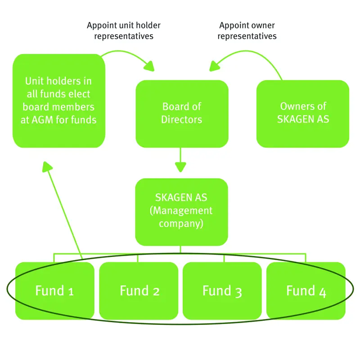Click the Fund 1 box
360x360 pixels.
tap(54, 290)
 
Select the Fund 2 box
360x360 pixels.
tap(139, 290)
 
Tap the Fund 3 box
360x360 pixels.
tap(222, 290)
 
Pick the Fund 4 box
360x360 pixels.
tap(306, 290)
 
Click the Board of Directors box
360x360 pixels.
tap(182, 113)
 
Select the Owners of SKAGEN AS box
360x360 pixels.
tap(303, 113)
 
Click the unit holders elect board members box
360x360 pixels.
tap(59, 101)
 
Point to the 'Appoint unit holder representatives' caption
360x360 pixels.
tap(123, 30)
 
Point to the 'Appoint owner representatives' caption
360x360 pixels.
tap(247, 30)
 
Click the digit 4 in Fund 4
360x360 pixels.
tap(322, 292)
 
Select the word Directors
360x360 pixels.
tap(182, 120)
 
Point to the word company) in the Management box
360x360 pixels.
tap(182, 223)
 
